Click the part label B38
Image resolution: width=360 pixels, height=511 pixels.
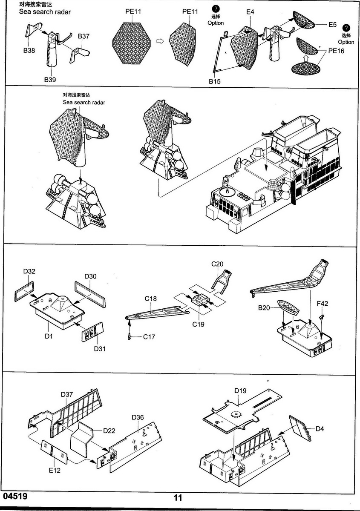(29, 50)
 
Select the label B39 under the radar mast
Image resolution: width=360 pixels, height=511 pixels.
(50, 79)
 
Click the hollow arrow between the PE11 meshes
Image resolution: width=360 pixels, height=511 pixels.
(160, 41)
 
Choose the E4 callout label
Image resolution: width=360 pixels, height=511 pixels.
(250, 12)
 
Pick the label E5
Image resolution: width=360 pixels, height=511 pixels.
(333, 25)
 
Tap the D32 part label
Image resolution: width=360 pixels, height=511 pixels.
(29, 271)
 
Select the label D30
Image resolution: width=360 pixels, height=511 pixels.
(90, 276)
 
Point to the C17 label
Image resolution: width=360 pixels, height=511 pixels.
(149, 337)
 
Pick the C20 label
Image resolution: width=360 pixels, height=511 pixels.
(217, 264)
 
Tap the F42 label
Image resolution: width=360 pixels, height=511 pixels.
(323, 304)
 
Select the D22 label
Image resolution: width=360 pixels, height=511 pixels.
(109, 431)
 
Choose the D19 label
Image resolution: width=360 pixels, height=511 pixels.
(240, 390)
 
